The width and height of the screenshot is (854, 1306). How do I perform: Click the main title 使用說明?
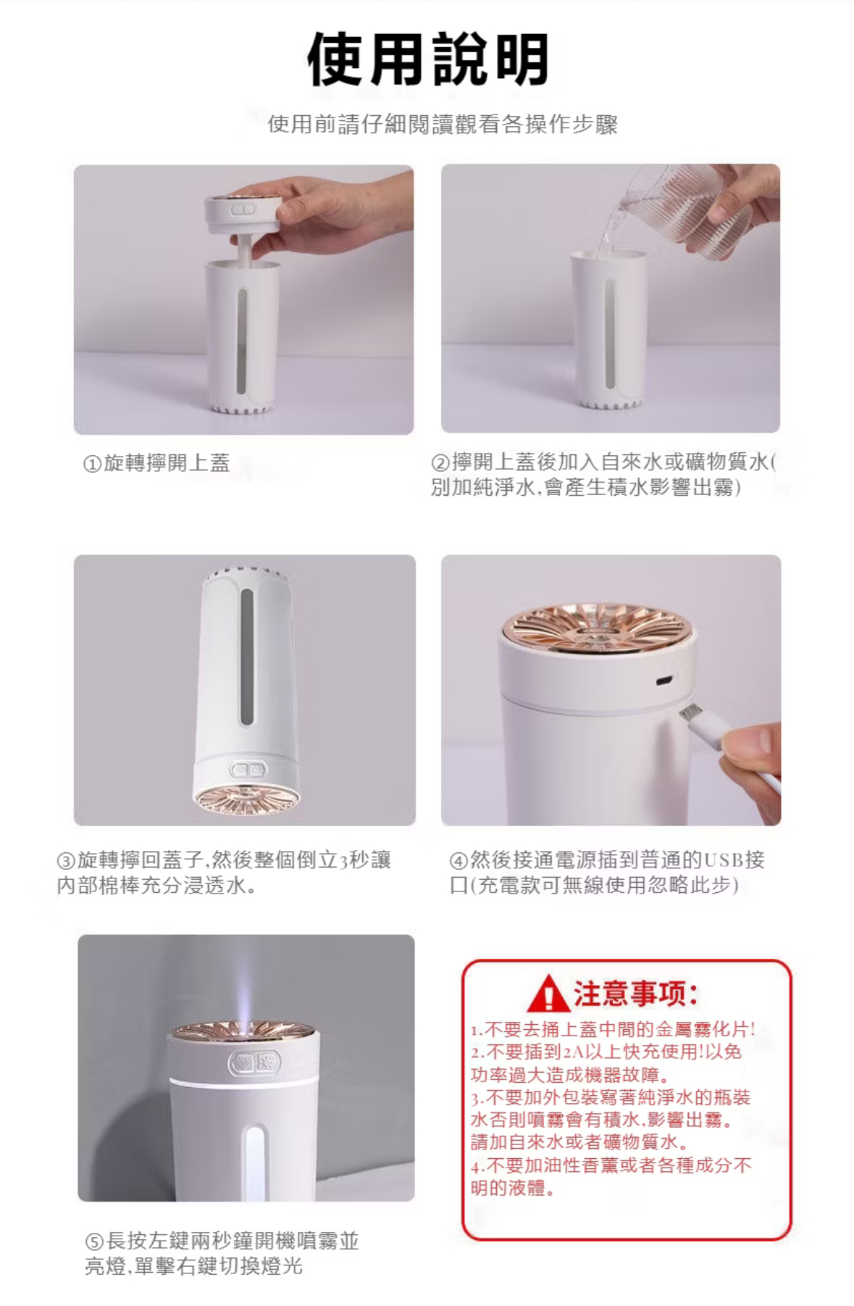pyautogui.click(x=427, y=59)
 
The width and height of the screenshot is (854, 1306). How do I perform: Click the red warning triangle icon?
pyautogui.click(x=548, y=994)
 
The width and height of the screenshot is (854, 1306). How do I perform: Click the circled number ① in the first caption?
pyautogui.click(x=92, y=464)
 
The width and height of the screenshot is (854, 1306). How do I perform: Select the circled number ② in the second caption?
pyautogui.click(x=440, y=462)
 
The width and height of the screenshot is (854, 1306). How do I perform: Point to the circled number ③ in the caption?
pyautogui.click(x=66, y=861)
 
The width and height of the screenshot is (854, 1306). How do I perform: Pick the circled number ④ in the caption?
pyautogui.click(x=459, y=861)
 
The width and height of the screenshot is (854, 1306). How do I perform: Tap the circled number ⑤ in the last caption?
pyautogui.click(x=94, y=1241)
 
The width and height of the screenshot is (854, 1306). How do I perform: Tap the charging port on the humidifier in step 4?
pyautogui.click(x=663, y=681)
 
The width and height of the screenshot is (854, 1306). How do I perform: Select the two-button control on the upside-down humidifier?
pyautogui.click(x=248, y=769)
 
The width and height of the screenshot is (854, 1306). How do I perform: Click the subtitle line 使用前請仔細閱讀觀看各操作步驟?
pyautogui.click(x=443, y=124)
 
